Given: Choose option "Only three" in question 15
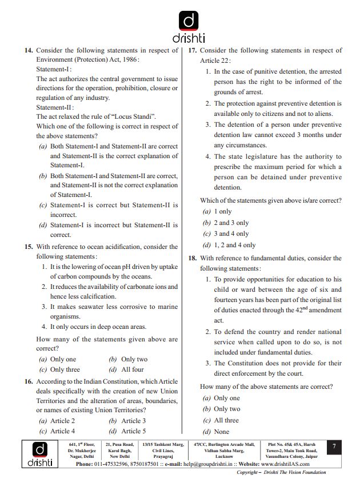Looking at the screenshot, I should pos(65,369).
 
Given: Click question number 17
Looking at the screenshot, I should pos(193,51).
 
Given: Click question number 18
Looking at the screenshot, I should pos(193,258).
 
